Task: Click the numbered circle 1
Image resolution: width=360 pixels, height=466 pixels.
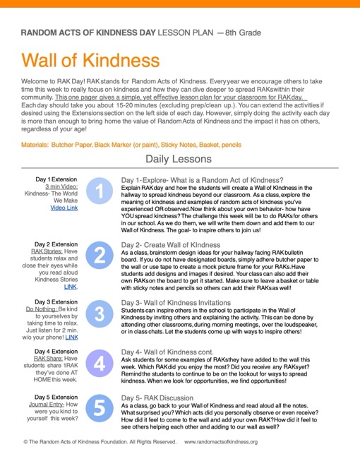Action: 100,191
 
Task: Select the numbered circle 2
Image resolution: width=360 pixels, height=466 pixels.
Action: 100,256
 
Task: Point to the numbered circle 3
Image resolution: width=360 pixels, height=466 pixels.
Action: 100,313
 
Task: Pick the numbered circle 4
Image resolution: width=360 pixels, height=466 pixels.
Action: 100,364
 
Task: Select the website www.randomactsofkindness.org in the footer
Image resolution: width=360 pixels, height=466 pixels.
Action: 221,442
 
